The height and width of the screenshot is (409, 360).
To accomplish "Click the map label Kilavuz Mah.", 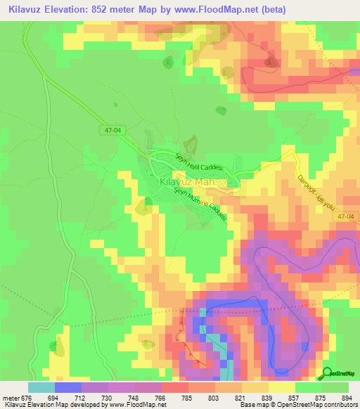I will [x=188, y=182].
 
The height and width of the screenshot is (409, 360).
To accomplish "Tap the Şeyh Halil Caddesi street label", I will [x=198, y=163].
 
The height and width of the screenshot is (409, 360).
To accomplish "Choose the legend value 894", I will [x=347, y=397].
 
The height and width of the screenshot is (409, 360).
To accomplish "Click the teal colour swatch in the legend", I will [x=41, y=387].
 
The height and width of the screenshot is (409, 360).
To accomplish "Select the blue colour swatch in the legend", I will [x=68, y=387].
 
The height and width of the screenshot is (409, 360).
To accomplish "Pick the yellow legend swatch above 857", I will [x=282, y=387].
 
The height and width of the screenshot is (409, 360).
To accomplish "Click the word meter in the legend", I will [x=9, y=397].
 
